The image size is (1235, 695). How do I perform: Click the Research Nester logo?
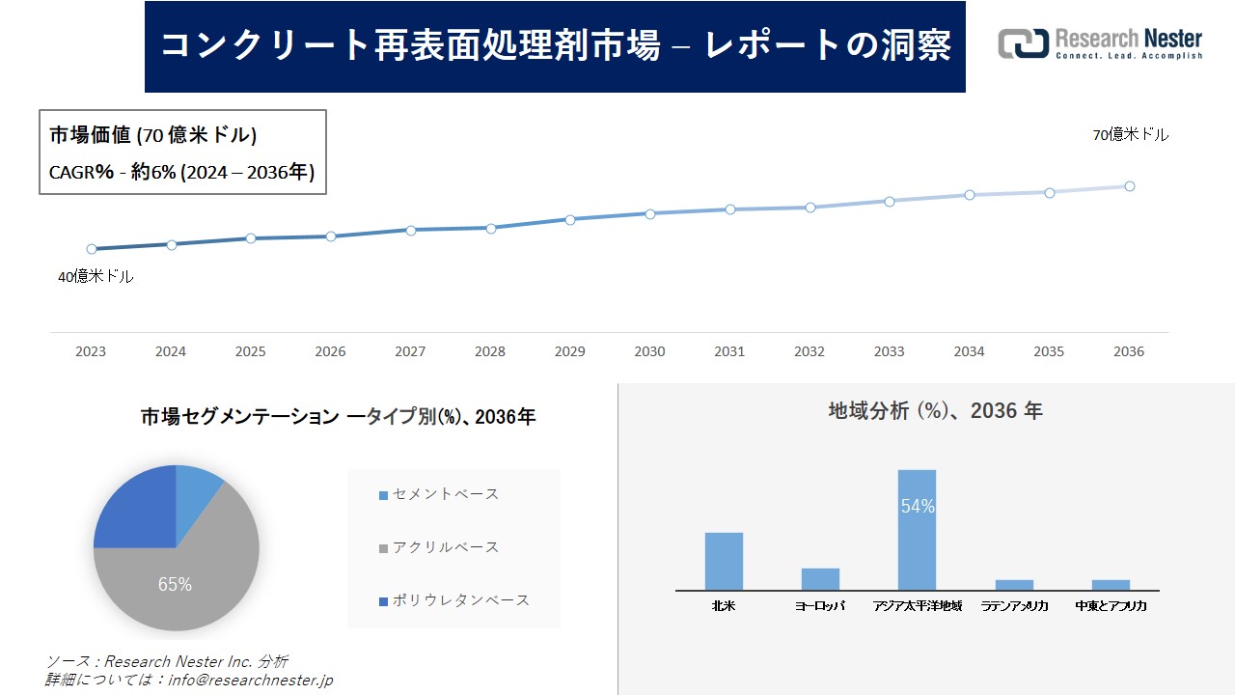click(1100, 44)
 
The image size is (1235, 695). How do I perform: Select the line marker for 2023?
click(92, 249)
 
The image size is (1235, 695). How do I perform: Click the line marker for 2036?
click(1129, 186)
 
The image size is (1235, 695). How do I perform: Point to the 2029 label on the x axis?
click(569, 352)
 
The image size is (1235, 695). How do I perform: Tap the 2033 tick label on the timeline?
click(889, 352)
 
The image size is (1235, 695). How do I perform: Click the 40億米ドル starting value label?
click(96, 277)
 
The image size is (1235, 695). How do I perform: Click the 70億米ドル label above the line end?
click(1130, 135)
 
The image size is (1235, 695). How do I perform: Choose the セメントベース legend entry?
click(439, 494)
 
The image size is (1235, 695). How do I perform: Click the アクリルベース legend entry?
click(439, 547)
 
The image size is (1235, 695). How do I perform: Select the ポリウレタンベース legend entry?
click(453, 600)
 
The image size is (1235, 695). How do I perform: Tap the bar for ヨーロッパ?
click(820, 579)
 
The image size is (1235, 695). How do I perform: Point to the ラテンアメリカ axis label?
click(1014, 606)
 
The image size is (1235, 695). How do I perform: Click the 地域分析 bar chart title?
click(935, 411)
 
